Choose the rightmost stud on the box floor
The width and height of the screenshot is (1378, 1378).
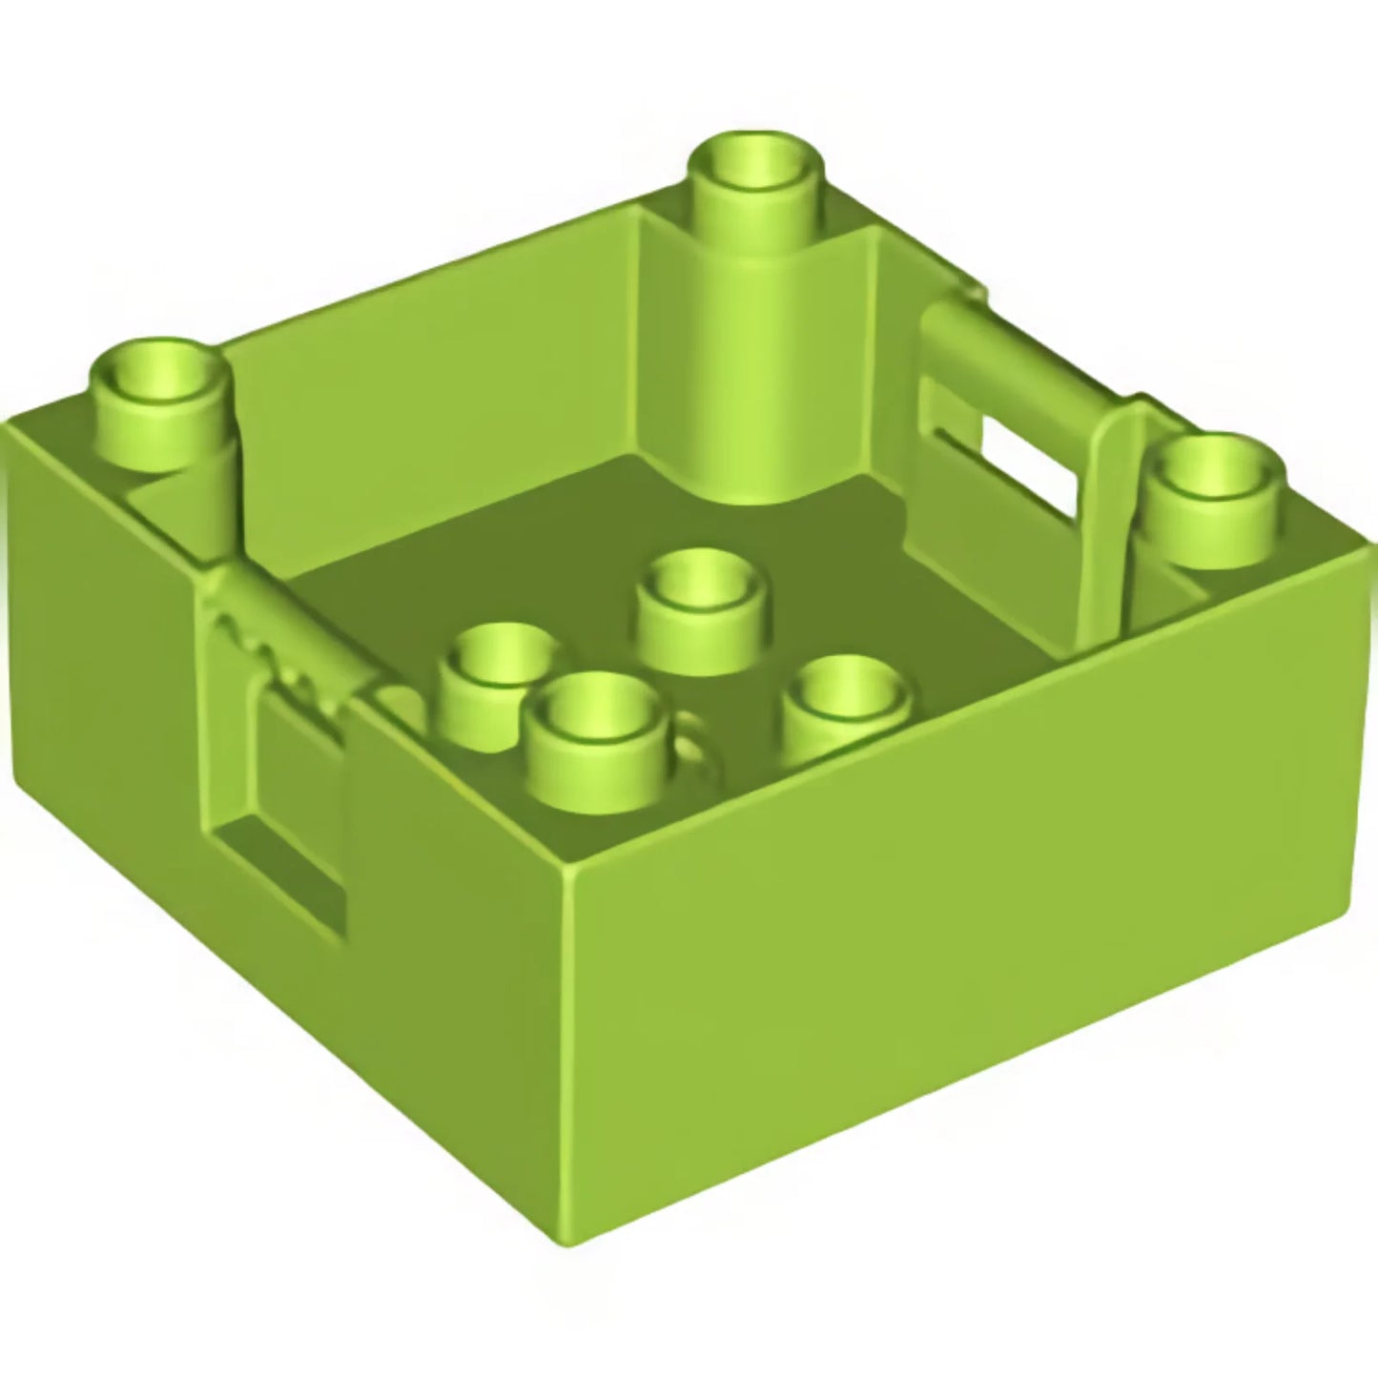[844, 710]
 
